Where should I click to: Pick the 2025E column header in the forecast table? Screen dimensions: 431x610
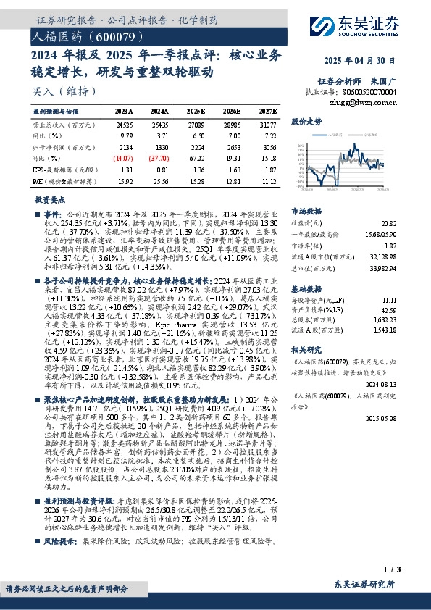(x=195, y=112)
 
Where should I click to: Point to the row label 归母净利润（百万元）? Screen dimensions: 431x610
(x=66, y=146)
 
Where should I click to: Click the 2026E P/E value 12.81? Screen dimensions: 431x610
(x=232, y=180)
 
